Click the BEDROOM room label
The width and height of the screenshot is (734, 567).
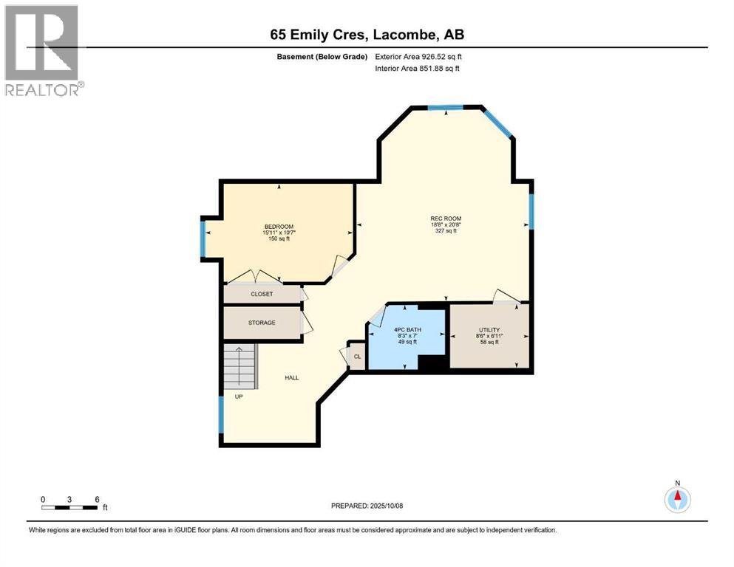click(x=279, y=226)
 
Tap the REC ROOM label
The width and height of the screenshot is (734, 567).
click(x=446, y=218)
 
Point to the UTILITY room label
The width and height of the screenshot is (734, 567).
click(x=489, y=329)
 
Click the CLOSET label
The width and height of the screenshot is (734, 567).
click(x=262, y=294)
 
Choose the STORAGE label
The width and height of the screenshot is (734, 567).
click(x=262, y=323)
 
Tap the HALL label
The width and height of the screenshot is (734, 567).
click(x=292, y=377)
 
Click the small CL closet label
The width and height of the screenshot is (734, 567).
click(x=357, y=357)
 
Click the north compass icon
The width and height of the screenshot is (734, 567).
click(x=676, y=499)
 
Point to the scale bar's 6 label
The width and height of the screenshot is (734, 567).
click(x=96, y=498)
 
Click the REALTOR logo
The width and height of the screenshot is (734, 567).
click(x=43, y=50)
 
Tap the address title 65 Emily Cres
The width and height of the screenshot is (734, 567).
click(x=367, y=35)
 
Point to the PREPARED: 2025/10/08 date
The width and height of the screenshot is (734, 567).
click(x=367, y=506)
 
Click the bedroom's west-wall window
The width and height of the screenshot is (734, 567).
click(x=203, y=238)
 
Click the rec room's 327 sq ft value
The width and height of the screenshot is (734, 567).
click(x=446, y=231)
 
